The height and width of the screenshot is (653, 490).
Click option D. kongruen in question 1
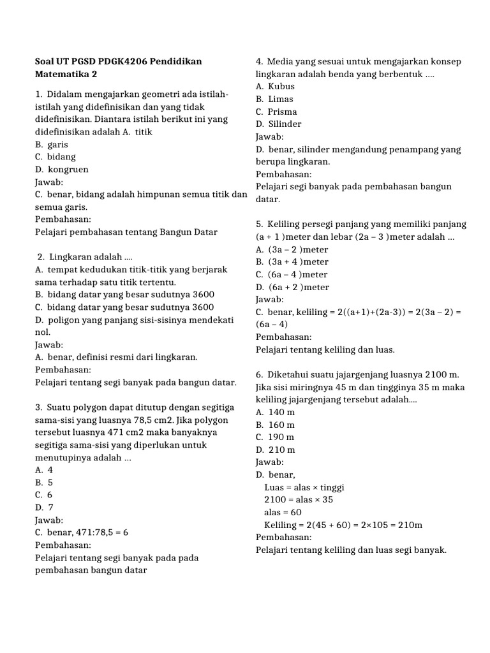[62, 170]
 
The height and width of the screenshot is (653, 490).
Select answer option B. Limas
[274, 99]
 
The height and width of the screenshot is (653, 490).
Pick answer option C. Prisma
[276, 112]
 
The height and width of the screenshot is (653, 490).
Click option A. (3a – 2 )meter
[292, 249]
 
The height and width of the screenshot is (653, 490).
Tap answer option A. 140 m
[275, 413]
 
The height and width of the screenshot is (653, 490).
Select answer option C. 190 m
[275, 437]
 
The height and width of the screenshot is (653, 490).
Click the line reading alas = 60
[283, 513]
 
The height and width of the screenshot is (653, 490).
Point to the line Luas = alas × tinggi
[304, 488]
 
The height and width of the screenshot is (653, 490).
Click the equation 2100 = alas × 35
[299, 500]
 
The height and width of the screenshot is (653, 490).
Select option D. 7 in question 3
[44, 507]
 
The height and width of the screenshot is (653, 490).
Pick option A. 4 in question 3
[44, 469]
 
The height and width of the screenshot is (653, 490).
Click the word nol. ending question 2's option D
[41, 332]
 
